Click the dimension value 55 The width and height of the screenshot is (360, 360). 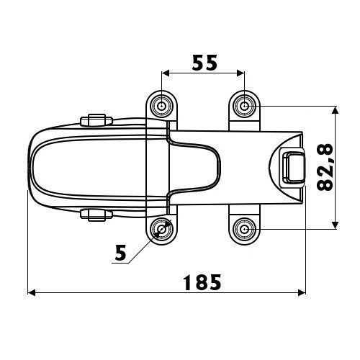click(x=204, y=63)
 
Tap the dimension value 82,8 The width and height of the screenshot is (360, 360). click(x=325, y=167)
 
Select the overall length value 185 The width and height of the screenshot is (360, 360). click(x=202, y=282)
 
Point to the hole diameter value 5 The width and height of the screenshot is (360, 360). click(x=120, y=253)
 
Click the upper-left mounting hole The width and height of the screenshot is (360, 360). click(x=162, y=106)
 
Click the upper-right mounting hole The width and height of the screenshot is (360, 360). click(x=245, y=106)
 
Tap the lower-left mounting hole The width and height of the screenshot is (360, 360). click(x=162, y=230)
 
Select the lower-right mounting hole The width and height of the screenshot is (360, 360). click(x=245, y=230)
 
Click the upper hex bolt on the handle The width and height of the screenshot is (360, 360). click(x=96, y=120)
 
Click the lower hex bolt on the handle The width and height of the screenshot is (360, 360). click(x=96, y=215)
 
